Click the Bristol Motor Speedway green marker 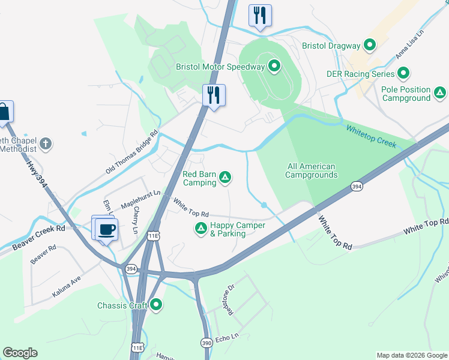point(275,66)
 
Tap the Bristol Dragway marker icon point(370,45)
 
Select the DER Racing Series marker point(403,74)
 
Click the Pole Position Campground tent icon point(440,93)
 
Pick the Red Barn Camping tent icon point(225,177)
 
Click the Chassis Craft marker point(156,305)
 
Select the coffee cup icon point(107,229)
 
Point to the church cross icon point(46,144)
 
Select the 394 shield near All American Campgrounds point(357,187)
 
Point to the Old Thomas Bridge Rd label point(131,152)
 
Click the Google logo point(20,353)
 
